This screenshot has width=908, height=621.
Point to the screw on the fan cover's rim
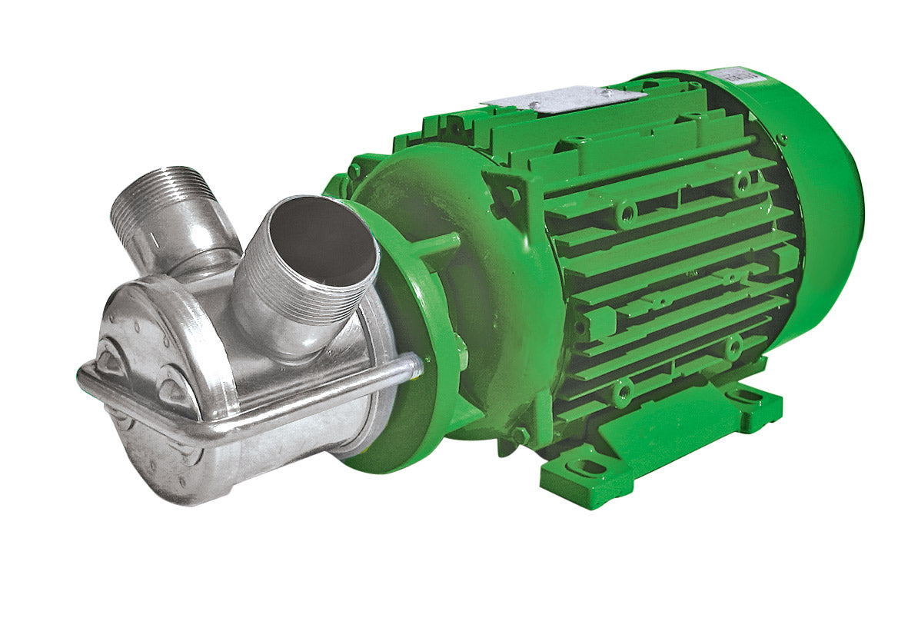coord(782,139)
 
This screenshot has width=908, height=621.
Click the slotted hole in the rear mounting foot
coord(744,397)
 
